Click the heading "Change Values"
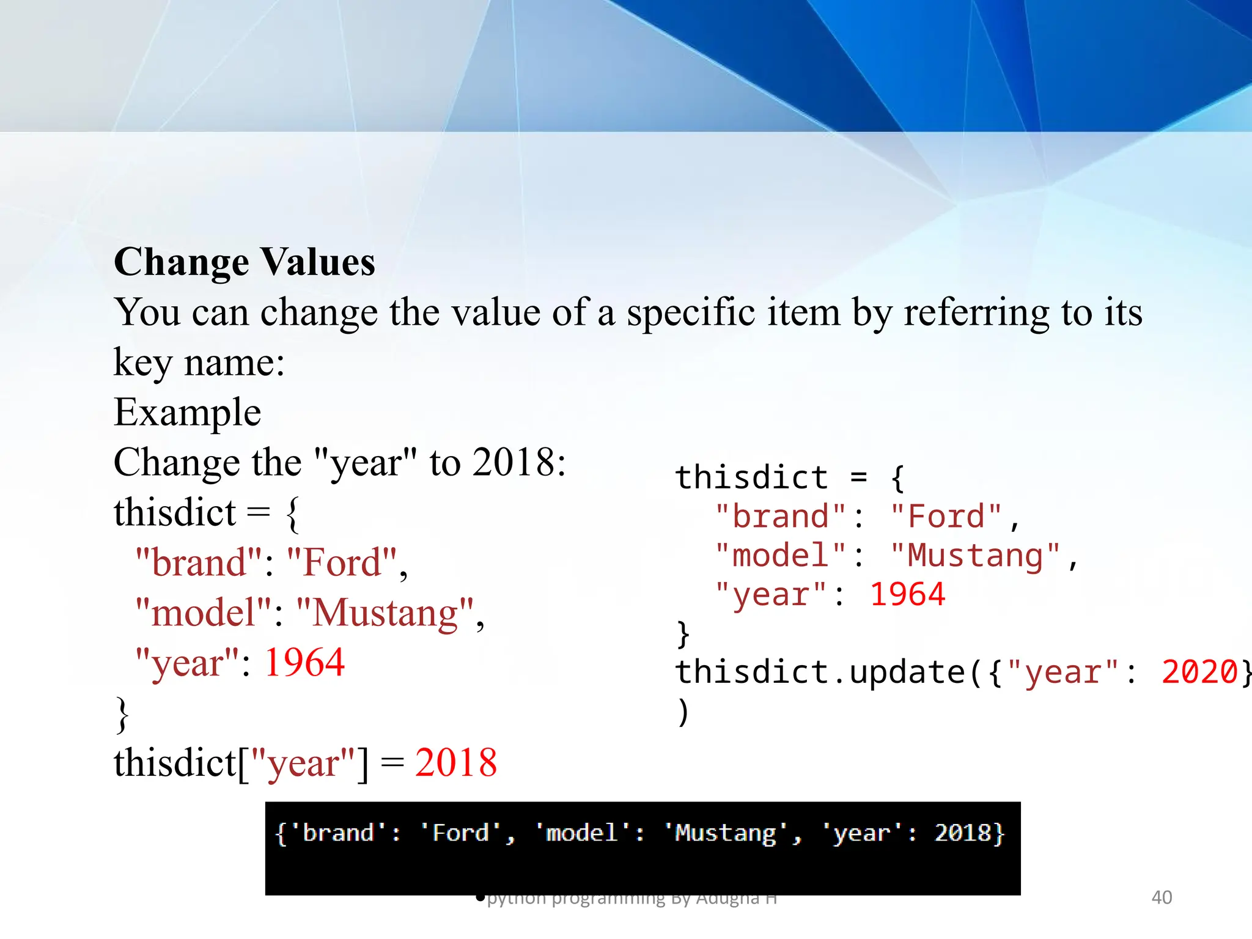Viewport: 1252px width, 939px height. (x=244, y=262)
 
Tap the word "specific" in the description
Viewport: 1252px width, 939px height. (x=691, y=313)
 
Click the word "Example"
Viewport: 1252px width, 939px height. (x=187, y=412)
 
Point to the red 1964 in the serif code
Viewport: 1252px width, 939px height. (x=304, y=663)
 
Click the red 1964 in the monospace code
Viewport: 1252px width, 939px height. (x=907, y=595)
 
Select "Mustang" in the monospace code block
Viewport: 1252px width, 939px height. (x=975, y=556)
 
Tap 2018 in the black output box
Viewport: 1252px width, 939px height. (x=962, y=833)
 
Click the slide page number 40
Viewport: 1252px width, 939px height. (x=1162, y=897)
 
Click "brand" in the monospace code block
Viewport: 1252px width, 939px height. (x=781, y=517)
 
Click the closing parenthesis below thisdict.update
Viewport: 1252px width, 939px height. (x=683, y=712)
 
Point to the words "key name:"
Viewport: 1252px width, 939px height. (x=199, y=363)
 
